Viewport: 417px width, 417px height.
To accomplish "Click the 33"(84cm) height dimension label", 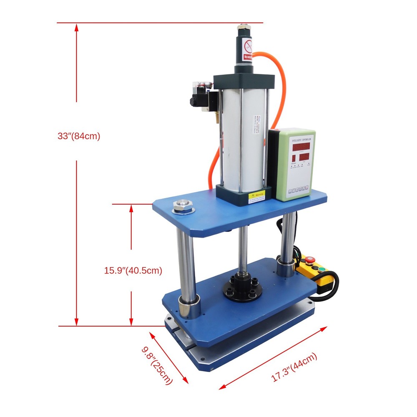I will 79,136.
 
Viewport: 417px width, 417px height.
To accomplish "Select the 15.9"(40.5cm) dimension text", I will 133,270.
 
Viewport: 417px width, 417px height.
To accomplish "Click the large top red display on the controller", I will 300,147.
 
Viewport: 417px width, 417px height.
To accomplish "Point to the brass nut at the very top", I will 243,29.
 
